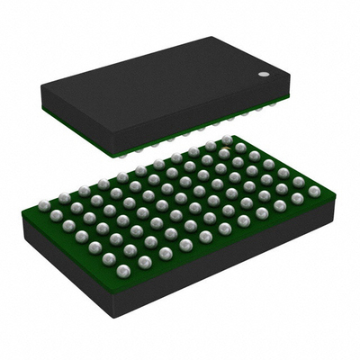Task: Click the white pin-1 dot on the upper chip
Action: [264, 75]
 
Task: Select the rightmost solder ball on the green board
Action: [314, 191]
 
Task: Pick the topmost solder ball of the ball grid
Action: [227, 140]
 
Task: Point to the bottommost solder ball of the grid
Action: [123, 270]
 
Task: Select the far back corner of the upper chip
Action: [213, 37]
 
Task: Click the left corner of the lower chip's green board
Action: [22, 210]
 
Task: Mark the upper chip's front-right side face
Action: [216, 121]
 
